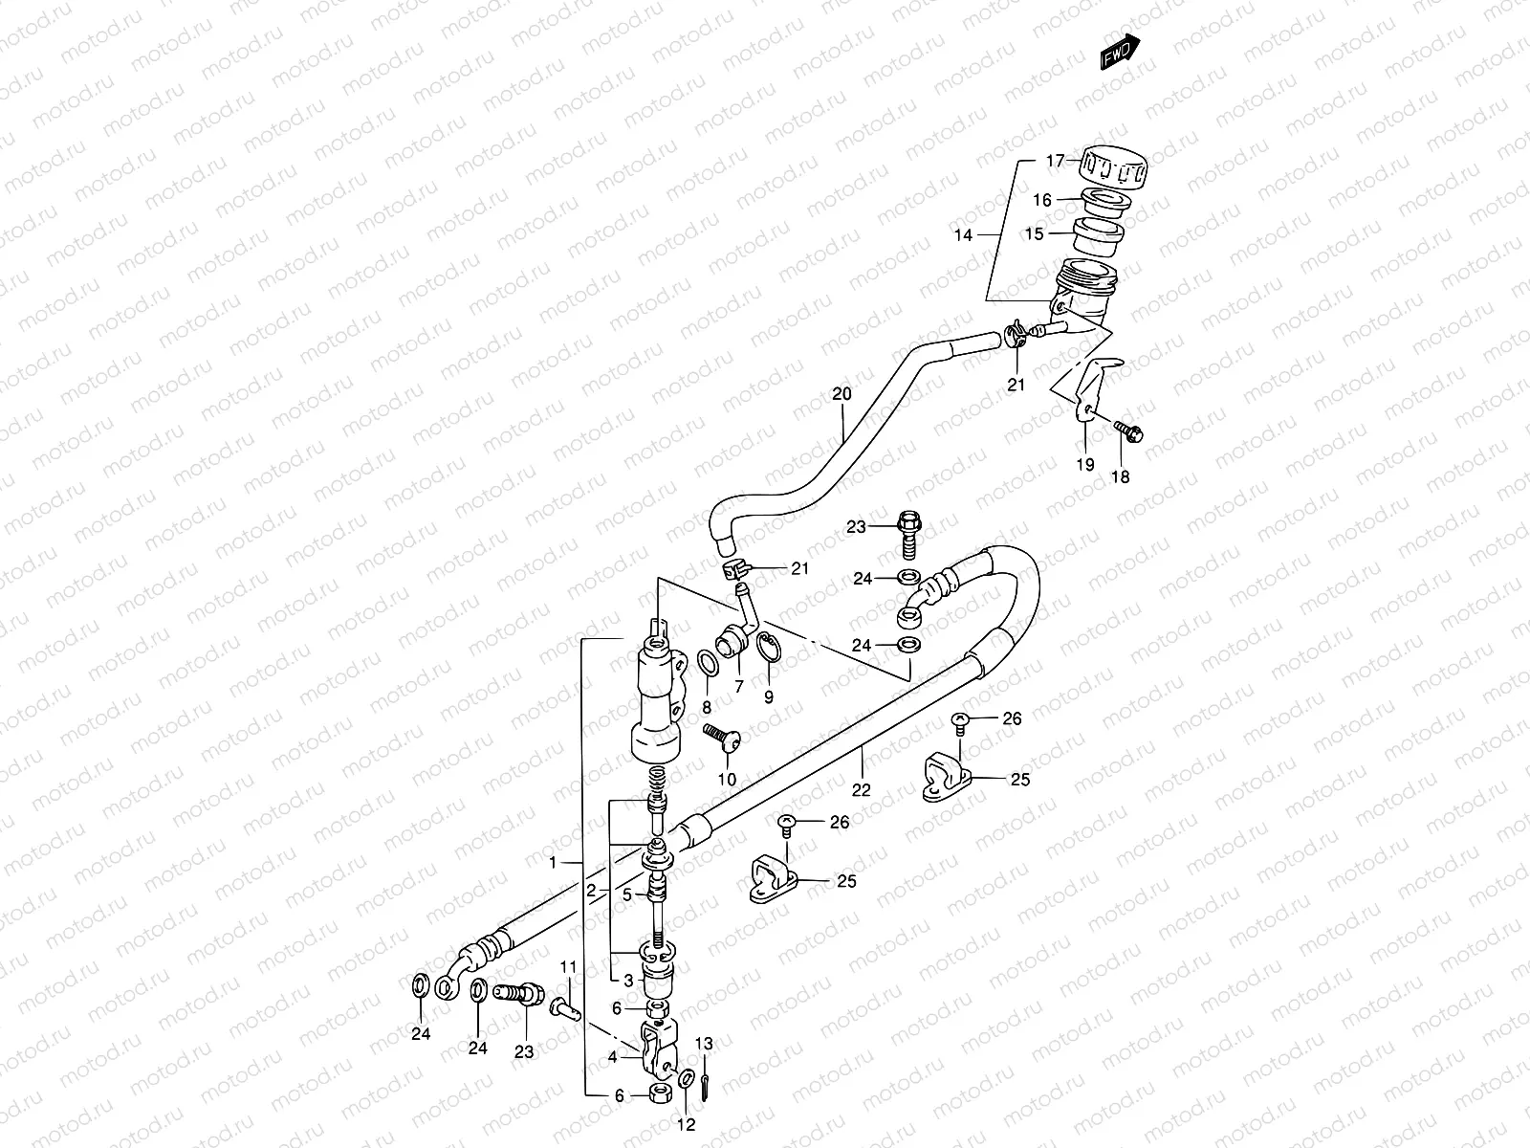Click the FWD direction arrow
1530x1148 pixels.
coord(1121,54)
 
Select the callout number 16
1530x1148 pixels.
coord(1041,200)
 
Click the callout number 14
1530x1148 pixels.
coord(962,234)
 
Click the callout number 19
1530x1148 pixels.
coord(1085,464)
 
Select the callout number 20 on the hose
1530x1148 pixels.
coord(841,393)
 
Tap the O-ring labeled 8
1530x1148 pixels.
coord(708,662)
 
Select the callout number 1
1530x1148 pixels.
coord(553,863)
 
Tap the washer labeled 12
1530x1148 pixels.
coord(688,1081)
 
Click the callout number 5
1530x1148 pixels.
coord(627,895)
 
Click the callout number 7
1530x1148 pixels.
coord(738,687)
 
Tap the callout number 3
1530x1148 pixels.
coord(627,981)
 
